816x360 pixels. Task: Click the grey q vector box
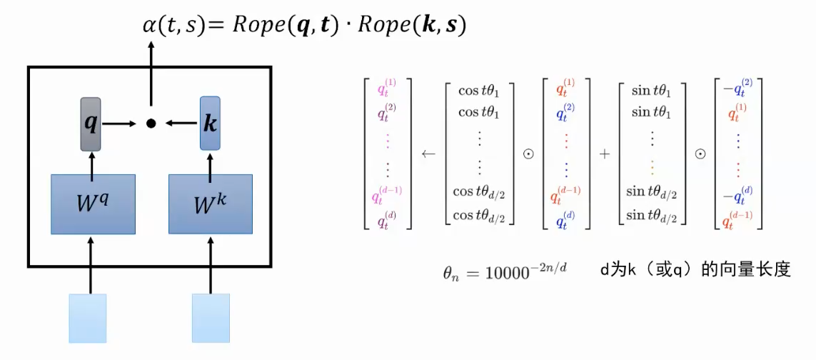[x=91, y=123]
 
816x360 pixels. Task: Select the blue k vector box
[x=210, y=123]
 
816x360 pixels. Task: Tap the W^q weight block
[x=93, y=204]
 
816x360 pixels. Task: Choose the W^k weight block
[x=211, y=204]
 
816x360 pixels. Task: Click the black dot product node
[x=151, y=124]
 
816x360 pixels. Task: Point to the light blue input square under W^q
[x=88, y=318]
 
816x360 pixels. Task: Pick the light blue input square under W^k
[x=211, y=318]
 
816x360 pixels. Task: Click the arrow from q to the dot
[x=120, y=124]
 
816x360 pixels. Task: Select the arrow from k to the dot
[x=181, y=124]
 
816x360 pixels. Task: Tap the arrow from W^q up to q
[x=91, y=162]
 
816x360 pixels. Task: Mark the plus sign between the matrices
[x=605, y=153]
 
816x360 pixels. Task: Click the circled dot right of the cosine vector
[x=529, y=153]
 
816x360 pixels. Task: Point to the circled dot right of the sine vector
[x=701, y=153]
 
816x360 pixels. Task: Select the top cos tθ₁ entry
[x=479, y=91]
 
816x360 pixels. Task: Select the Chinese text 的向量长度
[x=747, y=271]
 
